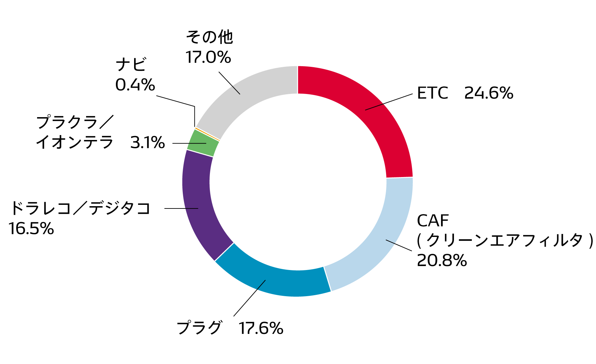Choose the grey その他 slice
coord(245,93)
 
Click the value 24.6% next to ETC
coord(488,93)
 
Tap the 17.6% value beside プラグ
coord(261,328)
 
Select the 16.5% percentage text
coord(31,228)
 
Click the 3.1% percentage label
coord(147,143)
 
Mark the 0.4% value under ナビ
coord(135,85)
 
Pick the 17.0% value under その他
coord(208,57)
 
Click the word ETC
coord(432,93)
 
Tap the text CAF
coord(432,221)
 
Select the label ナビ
coord(131,64)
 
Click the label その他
coord(209,37)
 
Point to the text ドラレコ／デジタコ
coord(80,208)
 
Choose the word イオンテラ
coord(74,143)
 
